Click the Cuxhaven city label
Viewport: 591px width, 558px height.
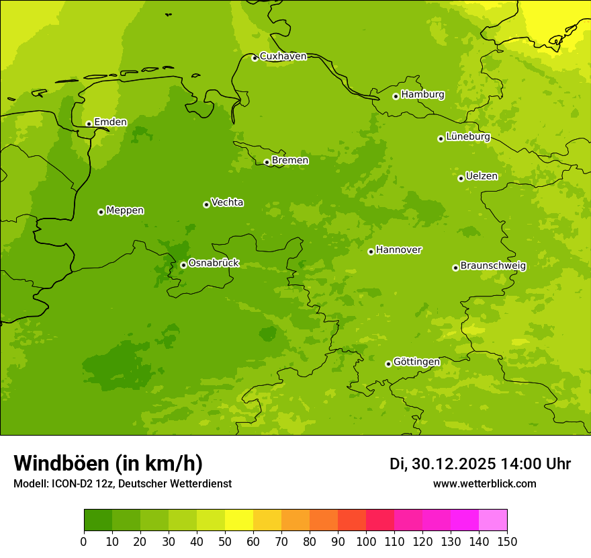coord(283,56)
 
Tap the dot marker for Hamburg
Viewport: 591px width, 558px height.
coord(396,96)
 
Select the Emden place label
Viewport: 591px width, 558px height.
coord(110,122)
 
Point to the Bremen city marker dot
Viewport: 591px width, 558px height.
coord(267,162)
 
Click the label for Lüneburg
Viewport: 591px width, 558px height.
coord(468,137)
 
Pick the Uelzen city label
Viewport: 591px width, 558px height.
coord(482,177)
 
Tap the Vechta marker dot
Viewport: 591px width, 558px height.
coord(206,204)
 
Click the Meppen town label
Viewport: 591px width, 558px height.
coord(125,210)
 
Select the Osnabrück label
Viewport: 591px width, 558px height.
coord(214,264)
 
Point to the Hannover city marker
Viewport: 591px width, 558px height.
coord(371,251)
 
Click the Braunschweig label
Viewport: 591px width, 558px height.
coord(493,266)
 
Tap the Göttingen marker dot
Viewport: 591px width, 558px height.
coord(388,364)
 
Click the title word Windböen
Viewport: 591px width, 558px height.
coord(61,463)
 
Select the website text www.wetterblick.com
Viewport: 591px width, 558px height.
coord(484,483)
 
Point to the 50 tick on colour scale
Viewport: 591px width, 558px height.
coord(225,541)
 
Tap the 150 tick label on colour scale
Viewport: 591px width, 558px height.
coord(507,541)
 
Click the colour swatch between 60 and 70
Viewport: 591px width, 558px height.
coord(267,520)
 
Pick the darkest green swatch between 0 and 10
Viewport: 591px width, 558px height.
coord(98,520)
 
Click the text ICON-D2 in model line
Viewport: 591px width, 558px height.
coord(71,483)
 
